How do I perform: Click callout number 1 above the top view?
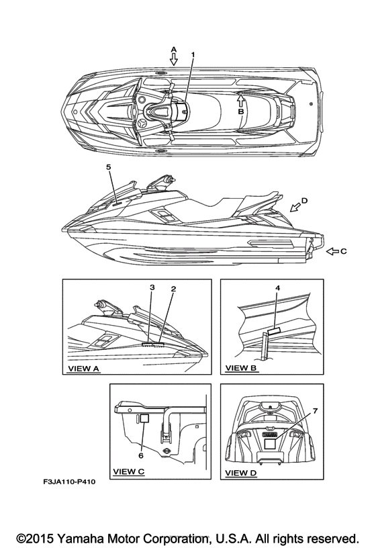click(193, 55)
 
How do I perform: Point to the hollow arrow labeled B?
click(240, 101)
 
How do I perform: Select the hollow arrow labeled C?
click(332, 251)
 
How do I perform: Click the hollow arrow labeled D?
click(295, 208)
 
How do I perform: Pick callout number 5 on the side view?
click(109, 167)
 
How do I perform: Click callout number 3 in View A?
click(152, 287)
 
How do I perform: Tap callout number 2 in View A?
click(173, 289)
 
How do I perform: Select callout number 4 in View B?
click(277, 288)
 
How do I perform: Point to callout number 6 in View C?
click(141, 455)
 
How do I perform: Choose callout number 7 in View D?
click(315, 411)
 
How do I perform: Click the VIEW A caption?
click(83, 369)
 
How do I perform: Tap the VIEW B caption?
click(241, 367)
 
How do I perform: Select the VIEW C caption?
click(129, 471)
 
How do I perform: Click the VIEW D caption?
click(241, 473)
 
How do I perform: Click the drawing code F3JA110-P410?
click(69, 482)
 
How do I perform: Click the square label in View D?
click(270, 444)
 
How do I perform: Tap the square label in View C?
click(144, 418)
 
